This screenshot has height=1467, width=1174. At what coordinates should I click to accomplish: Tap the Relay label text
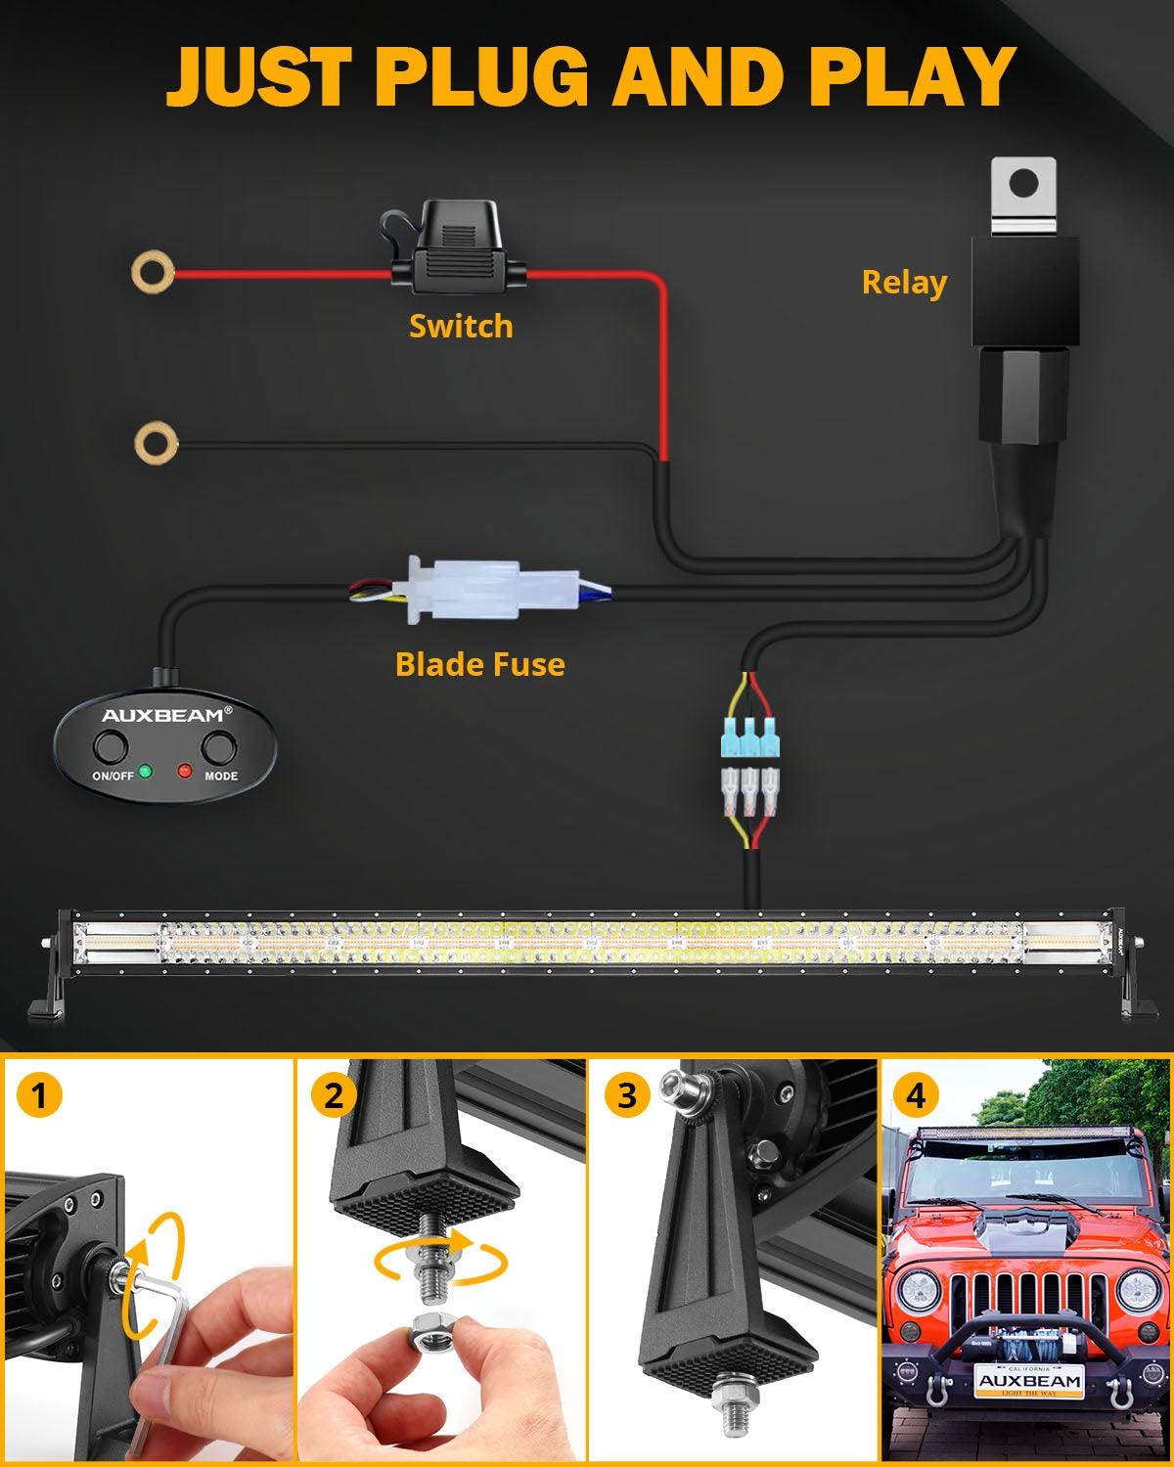click(904, 283)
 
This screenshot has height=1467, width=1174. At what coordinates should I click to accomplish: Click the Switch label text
click(460, 326)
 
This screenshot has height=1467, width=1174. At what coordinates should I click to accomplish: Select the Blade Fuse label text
click(479, 665)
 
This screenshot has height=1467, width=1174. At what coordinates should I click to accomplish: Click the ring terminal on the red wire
click(153, 271)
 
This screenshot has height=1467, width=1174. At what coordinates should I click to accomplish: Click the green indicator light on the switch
click(145, 771)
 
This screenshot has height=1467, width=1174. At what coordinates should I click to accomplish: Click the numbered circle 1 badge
click(38, 1095)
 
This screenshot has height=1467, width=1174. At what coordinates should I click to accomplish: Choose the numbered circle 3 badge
click(627, 1095)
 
